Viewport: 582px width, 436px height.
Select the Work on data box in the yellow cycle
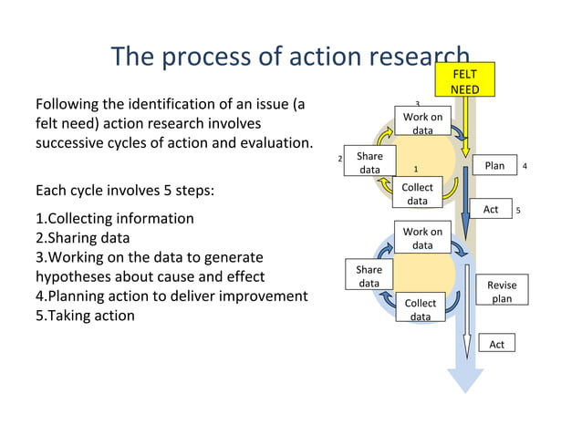tap(422, 124)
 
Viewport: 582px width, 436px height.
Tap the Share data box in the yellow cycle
tap(369, 162)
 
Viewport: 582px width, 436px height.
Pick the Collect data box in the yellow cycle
tap(417, 194)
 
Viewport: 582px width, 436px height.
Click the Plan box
tap(494, 166)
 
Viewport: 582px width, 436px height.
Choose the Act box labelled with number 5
tap(491, 210)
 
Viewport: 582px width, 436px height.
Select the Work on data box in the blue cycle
tap(422, 239)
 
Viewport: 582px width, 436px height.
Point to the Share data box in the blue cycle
tap(369, 276)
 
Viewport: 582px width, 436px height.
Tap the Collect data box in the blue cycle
tap(421, 309)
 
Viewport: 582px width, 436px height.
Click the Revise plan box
tap(502, 292)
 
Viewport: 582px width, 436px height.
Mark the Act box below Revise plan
tap(496, 344)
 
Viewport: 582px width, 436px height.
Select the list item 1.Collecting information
tap(114, 219)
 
